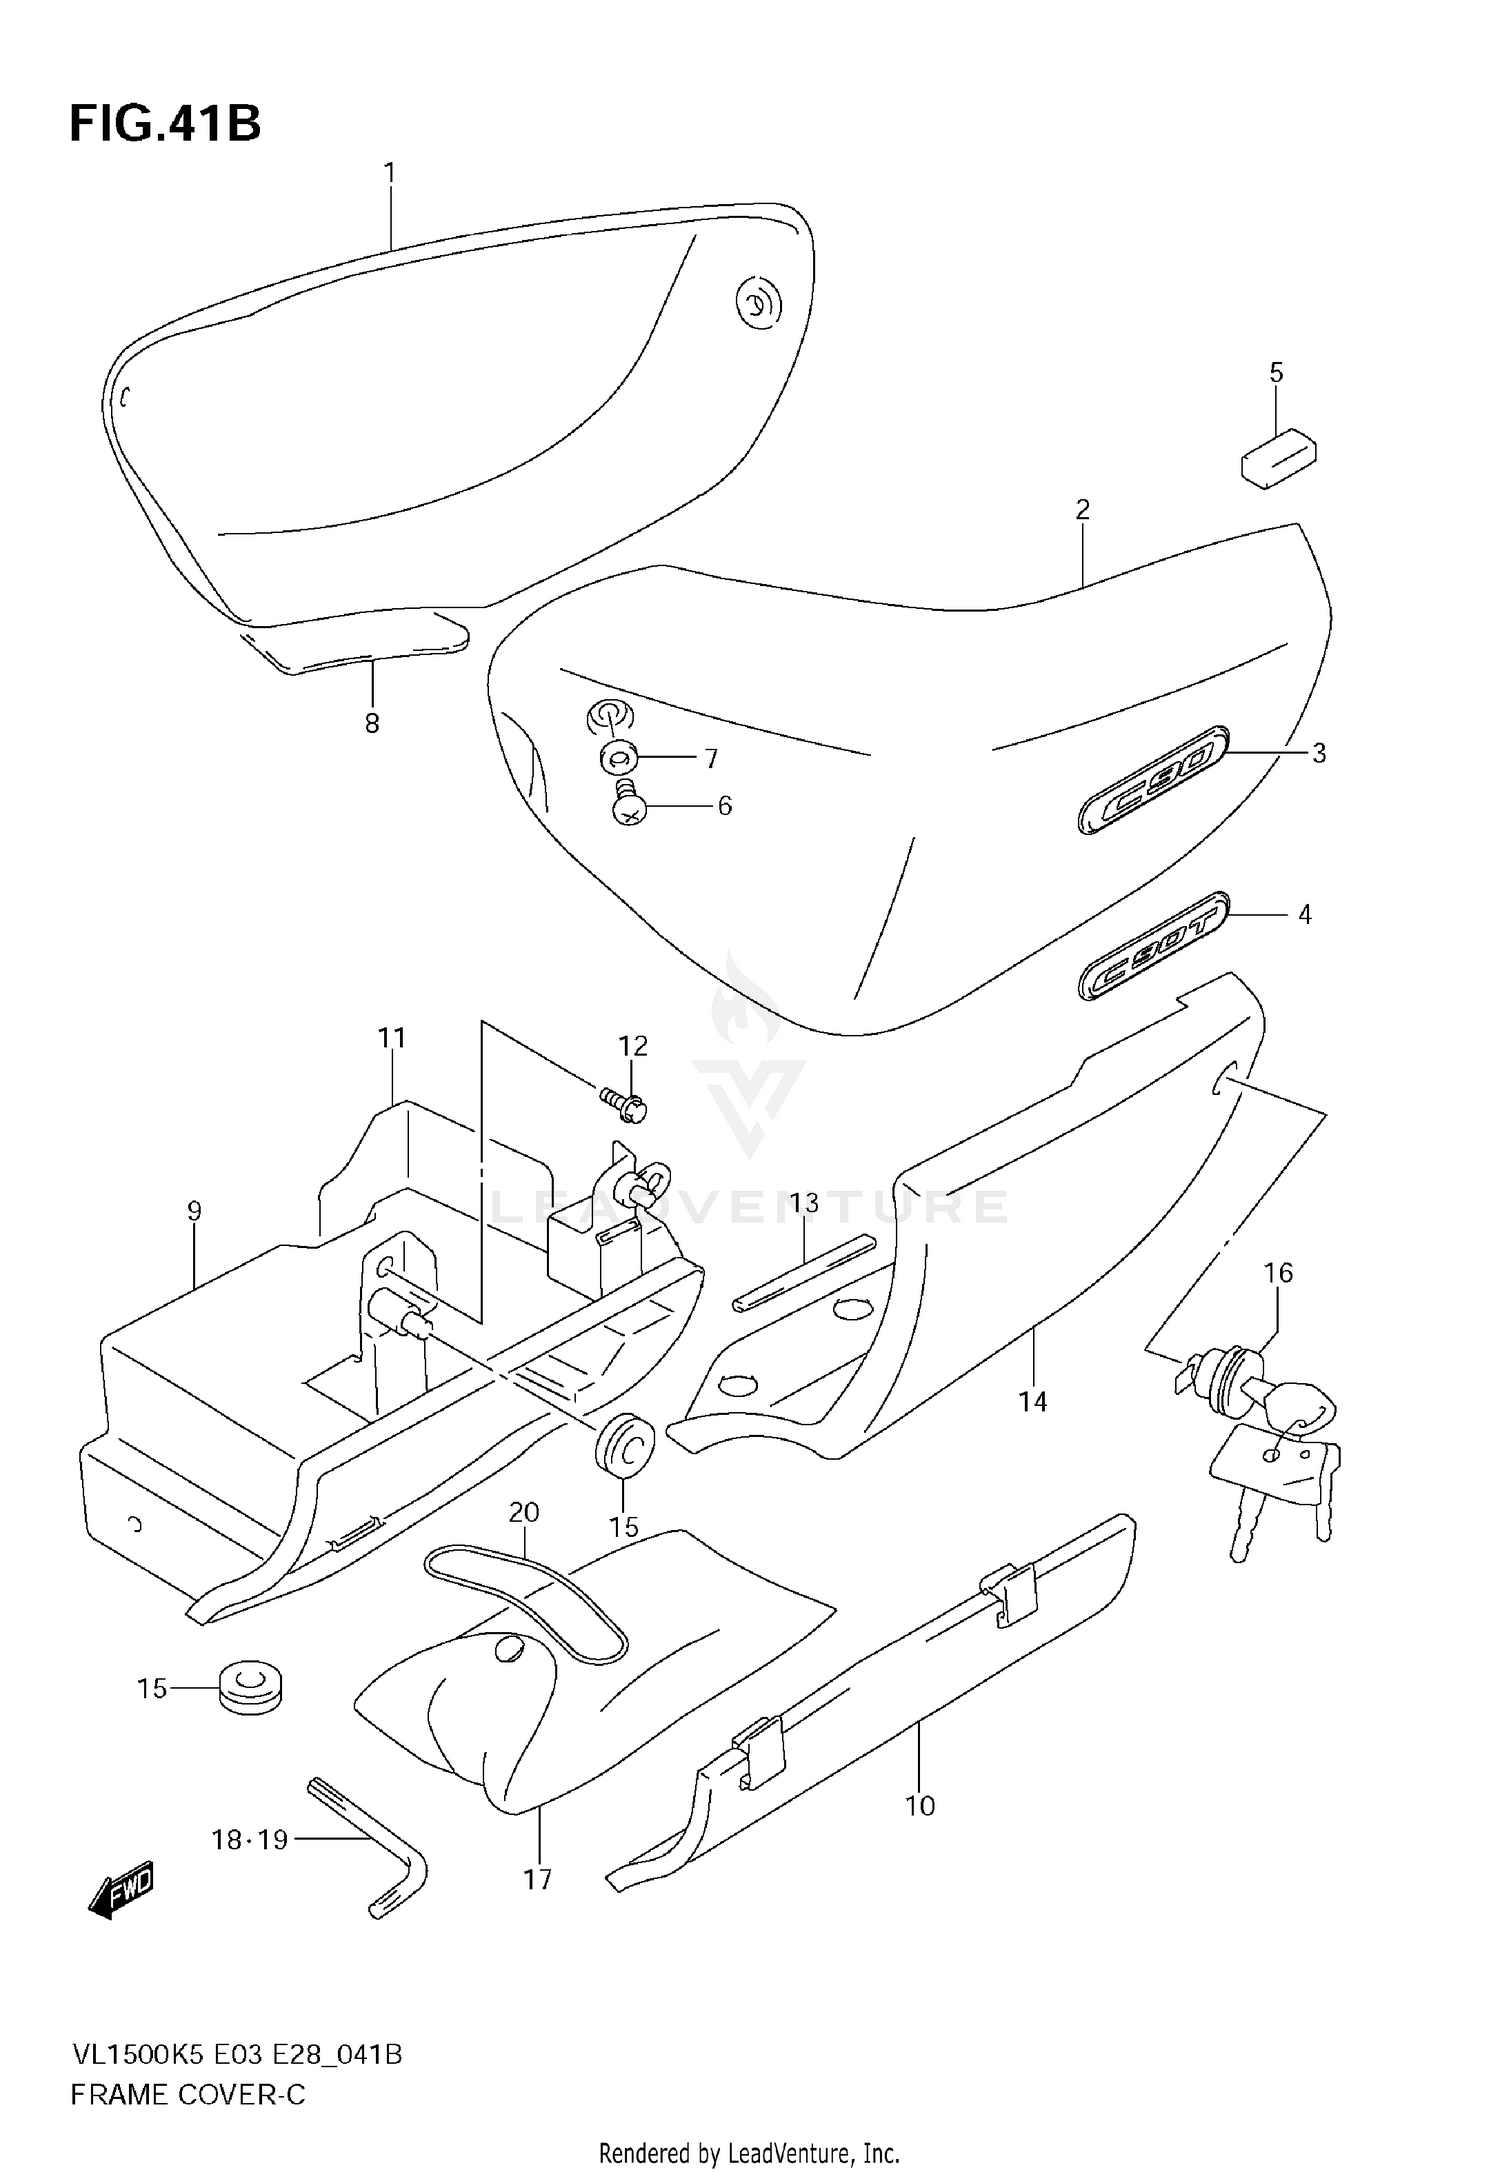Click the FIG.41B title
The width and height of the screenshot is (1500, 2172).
pyautogui.click(x=165, y=125)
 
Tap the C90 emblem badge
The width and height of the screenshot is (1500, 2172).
pyautogui.click(x=1152, y=780)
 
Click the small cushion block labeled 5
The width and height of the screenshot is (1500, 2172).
pyautogui.click(x=1278, y=458)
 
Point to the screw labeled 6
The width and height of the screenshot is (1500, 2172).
pyautogui.click(x=628, y=803)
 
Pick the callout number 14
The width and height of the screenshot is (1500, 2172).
pyautogui.click(x=1032, y=1402)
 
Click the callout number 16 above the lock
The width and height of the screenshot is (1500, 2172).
pyautogui.click(x=1277, y=1273)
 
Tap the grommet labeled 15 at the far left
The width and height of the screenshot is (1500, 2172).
pyautogui.click(x=250, y=1688)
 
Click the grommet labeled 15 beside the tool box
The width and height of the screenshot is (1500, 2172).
pyautogui.click(x=624, y=1445)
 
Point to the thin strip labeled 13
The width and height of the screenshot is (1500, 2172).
pyautogui.click(x=804, y=1272)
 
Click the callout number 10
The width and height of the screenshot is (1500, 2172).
pyautogui.click(x=919, y=1805)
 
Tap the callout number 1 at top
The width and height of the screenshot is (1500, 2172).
pyautogui.click(x=390, y=173)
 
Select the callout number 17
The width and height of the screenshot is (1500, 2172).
pyautogui.click(x=537, y=1880)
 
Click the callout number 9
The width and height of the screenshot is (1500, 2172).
pyautogui.click(x=194, y=1211)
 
